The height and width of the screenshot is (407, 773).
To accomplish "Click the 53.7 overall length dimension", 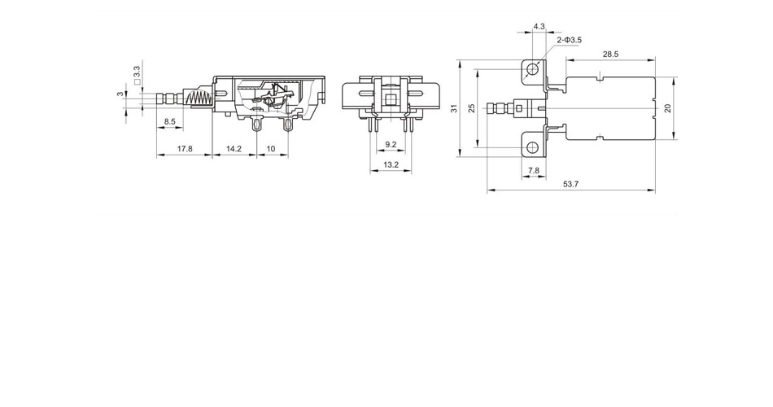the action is pos(570,184).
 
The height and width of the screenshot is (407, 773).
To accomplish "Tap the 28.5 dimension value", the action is pos(610,55).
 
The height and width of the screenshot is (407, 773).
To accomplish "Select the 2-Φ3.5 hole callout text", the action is pos(570,40).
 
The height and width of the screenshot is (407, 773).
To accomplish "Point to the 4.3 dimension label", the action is pos(539,26).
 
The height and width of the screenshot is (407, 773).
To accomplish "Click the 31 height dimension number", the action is pos(455,108).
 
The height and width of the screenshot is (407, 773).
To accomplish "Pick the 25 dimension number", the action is pos(472,108).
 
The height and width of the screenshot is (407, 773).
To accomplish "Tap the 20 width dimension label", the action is pos(668,108).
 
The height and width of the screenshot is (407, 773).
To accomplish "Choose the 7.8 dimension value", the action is pos(534,171).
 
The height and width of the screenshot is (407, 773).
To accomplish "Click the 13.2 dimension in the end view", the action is pos(391,164).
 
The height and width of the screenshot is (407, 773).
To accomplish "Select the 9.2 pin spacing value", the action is pos(391,145).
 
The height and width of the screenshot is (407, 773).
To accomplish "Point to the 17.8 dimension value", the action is pos(185,148).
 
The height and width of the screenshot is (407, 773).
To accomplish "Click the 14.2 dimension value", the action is pos(234,148).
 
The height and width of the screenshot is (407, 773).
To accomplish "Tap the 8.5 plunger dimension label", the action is pos(169,121).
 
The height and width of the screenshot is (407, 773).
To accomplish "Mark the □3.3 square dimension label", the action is pos(137,75).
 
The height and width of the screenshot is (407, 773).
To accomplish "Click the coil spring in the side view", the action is pos(200,98).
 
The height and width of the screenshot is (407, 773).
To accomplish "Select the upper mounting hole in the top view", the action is pos(532,69).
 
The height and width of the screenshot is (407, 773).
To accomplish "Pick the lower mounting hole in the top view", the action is pos(532,147).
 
